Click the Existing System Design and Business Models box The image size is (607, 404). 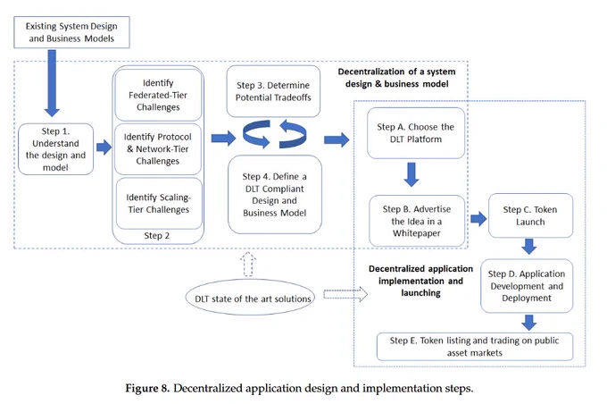71,32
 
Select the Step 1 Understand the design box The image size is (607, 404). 55,149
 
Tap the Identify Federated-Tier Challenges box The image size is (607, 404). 158,95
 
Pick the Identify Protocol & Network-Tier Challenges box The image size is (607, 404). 158,149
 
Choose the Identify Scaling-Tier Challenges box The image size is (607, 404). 159,204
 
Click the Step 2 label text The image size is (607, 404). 157,236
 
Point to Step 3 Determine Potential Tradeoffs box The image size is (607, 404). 273,91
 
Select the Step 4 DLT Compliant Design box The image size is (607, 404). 275,194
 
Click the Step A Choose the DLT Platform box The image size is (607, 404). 416,133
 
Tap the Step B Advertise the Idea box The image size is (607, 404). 417,221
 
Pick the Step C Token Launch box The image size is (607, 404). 530,215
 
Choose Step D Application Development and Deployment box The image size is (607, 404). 527,286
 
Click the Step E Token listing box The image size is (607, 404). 475,347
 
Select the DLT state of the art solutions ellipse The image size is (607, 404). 250,298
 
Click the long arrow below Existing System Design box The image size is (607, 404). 52,82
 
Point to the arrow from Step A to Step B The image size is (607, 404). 412,174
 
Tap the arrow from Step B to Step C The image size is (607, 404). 478,219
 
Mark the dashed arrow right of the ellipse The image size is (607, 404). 345,294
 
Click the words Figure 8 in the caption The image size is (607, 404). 147,388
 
